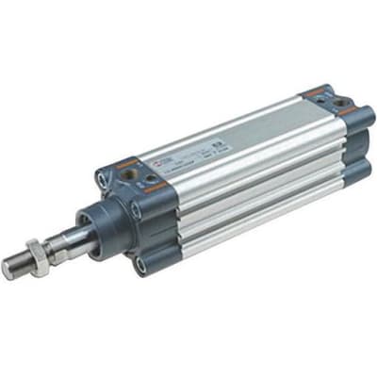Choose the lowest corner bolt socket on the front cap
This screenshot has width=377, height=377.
(139, 267)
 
